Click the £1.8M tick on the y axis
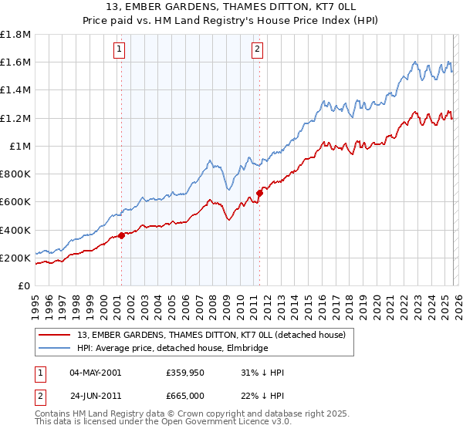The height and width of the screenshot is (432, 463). click(x=15, y=35)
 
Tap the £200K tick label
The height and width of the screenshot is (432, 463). click(x=15, y=258)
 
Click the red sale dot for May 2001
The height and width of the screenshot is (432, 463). click(x=121, y=236)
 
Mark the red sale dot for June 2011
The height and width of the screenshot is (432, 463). click(x=259, y=194)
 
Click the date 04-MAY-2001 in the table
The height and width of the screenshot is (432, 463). click(x=95, y=373)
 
